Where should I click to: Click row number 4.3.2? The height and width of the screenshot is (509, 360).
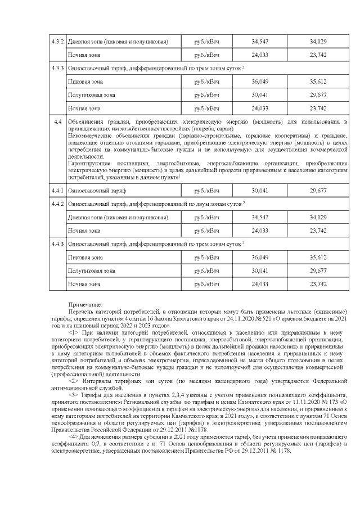click(57, 42)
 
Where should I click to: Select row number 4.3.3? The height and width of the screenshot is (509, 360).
click(57, 68)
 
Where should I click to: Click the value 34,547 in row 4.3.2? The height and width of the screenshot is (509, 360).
click(260, 42)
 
